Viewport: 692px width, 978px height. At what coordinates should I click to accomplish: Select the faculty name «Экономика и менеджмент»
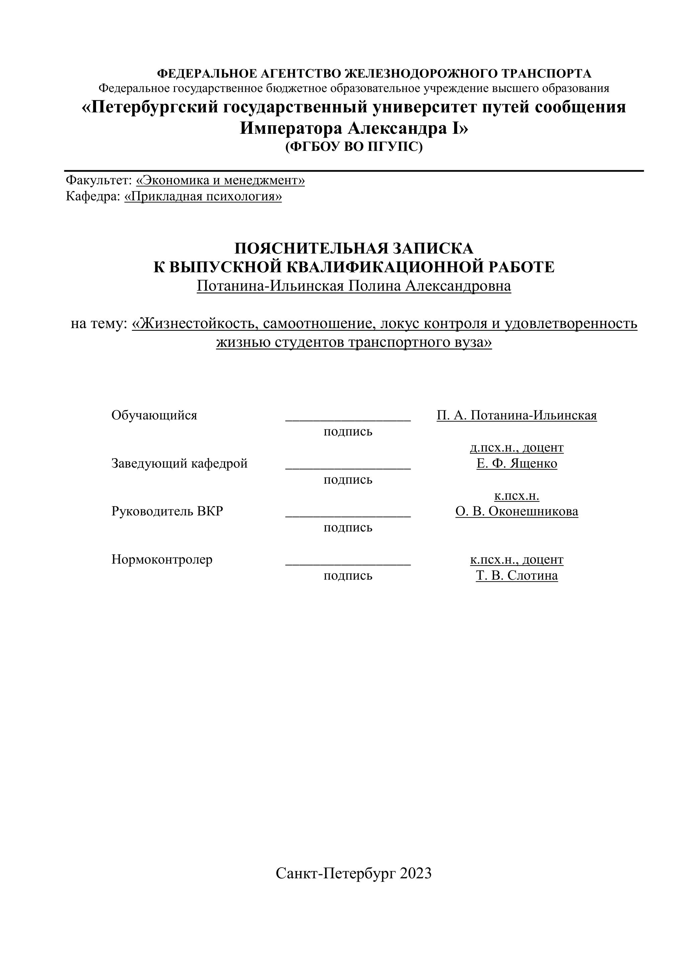click(220, 180)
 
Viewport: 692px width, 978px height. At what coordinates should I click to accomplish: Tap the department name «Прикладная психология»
click(203, 196)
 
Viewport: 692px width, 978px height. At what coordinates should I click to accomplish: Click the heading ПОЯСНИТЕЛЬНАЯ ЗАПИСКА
click(354, 248)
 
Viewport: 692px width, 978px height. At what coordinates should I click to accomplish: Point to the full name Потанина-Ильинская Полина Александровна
click(354, 286)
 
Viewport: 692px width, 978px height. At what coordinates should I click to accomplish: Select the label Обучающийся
click(154, 415)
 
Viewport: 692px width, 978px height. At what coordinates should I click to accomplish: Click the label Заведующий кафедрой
click(179, 463)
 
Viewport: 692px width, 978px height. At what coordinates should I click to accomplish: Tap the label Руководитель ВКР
click(167, 511)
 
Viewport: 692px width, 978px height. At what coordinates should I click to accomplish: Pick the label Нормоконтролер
click(162, 559)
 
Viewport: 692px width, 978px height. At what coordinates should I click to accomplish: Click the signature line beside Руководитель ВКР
click(348, 514)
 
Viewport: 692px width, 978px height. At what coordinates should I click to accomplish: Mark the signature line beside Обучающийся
click(348, 419)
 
